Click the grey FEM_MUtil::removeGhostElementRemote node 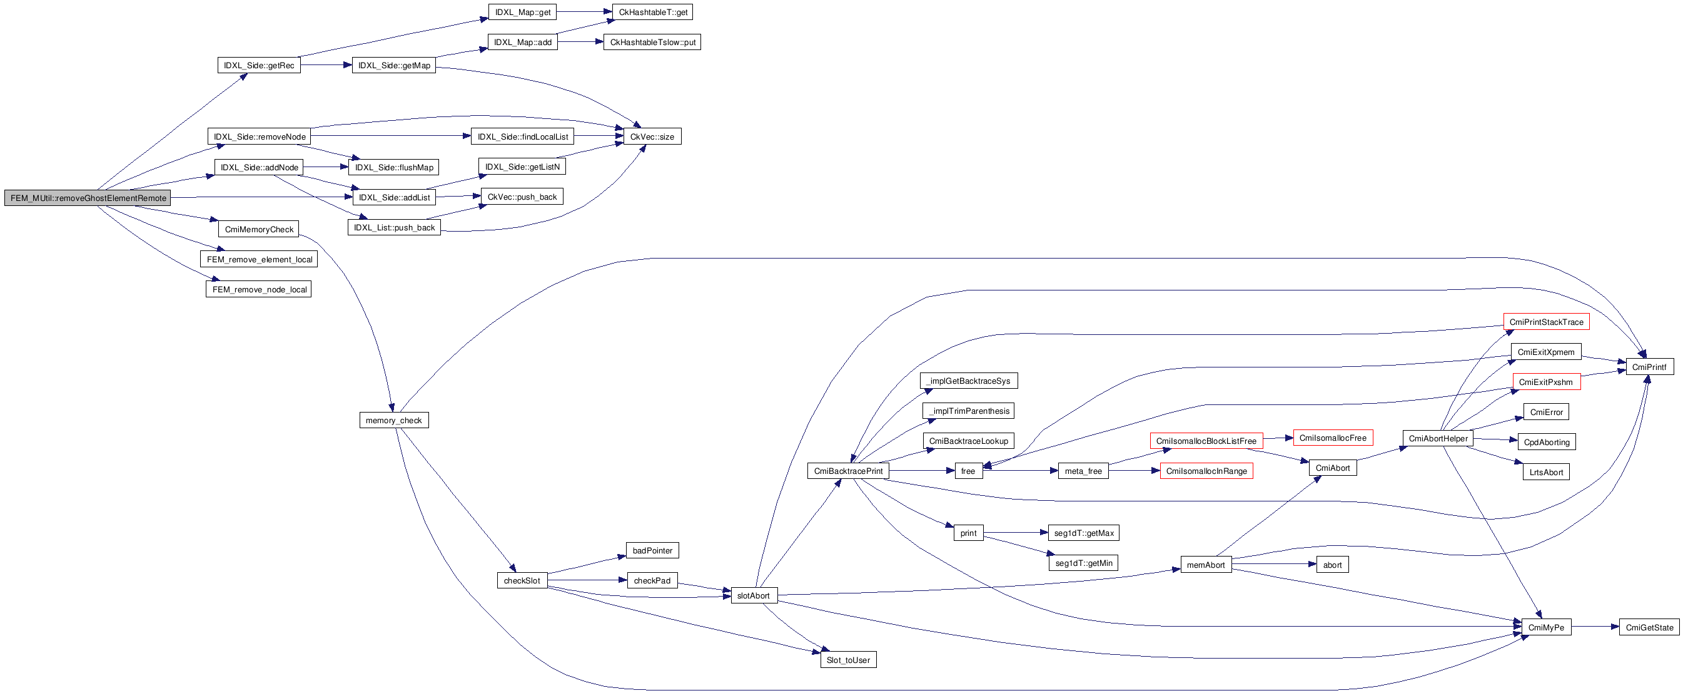(x=88, y=198)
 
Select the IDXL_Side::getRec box (x=259, y=65)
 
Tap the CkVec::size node (x=652, y=136)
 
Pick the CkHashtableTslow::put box (x=652, y=43)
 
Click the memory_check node (x=393, y=421)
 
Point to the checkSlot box (x=522, y=580)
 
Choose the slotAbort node (x=753, y=595)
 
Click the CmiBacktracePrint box (x=847, y=471)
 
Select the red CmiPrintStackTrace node (x=1546, y=322)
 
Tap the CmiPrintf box (x=1649, y=367)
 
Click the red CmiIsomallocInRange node (x=1206, y=471)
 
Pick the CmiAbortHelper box (x=1437, y=439)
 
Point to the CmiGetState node (x=1649, y=628)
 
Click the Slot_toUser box (x=848, y=660)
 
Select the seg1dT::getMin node (x=1083, y=563)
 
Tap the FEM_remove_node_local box (x=259, y=290)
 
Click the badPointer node (x=652, y=550)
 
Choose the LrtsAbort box (x=1546, y=473)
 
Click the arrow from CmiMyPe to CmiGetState (x=1595, y=627)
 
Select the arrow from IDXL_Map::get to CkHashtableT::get (x=584, y=12)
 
